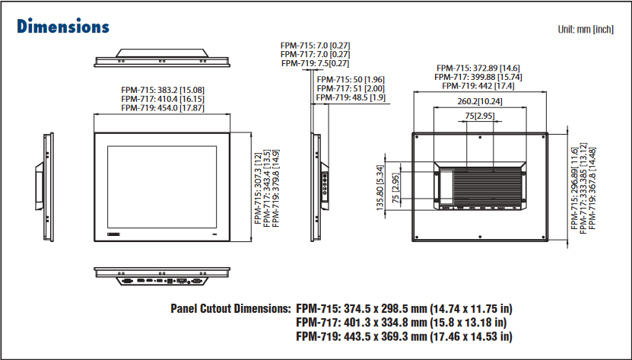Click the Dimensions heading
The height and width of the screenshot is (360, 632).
(63, 26)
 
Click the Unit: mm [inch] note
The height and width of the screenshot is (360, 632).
(585, 30)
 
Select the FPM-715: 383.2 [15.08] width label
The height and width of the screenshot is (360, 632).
(162, 90)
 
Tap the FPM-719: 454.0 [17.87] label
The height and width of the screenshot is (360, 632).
(162, 108)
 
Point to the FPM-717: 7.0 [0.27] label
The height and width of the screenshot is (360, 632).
(315, 54)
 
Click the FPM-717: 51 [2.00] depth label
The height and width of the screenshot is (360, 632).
(351, 88)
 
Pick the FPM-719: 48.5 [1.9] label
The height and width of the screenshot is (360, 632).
(351, 97)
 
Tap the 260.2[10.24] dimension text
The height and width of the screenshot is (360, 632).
(480, 101)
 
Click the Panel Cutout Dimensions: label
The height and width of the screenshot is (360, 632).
(230, 310)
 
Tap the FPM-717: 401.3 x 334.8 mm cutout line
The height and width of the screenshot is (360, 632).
(404, 323)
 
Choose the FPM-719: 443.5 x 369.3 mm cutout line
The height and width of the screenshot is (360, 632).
(404, 336)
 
